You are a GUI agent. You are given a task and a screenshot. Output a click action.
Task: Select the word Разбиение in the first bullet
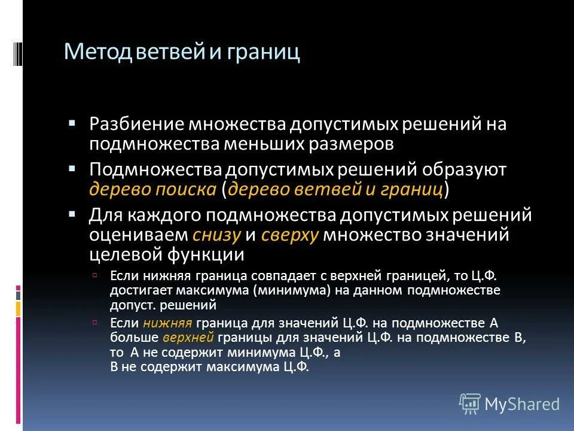point(138,125)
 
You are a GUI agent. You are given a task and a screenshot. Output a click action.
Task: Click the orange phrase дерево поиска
point(153,190)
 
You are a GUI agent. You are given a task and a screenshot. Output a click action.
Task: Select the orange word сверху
point(290,235)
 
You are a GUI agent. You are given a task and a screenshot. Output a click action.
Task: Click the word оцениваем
point(139,235)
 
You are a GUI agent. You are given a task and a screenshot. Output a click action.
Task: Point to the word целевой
point(122,254)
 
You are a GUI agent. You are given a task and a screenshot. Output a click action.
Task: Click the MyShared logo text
point(521,403)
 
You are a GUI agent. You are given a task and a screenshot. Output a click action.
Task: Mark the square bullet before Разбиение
point(72,122)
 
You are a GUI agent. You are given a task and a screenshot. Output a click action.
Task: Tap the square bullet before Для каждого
point(72,213)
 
